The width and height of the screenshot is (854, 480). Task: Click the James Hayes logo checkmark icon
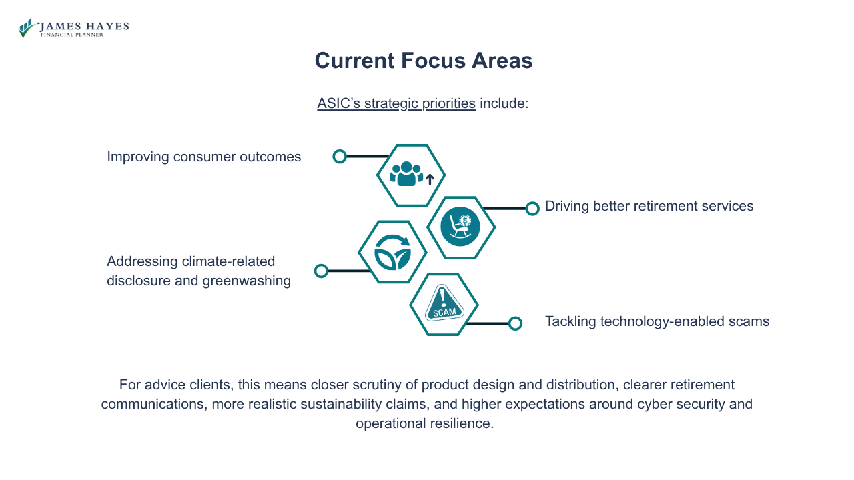tap(26, 28)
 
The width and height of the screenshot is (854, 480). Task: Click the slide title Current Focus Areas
tap(424, 61)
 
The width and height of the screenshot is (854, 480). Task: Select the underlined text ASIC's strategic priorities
tap(396, 103)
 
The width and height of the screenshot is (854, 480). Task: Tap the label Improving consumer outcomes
tap(203, 157)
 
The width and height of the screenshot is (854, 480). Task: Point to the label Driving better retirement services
tap(649, 206)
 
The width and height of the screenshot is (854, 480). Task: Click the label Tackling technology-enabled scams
tap(657, 321)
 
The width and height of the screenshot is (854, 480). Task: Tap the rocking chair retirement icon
tap(460, 227)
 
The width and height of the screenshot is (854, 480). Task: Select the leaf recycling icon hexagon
tap(392, 252)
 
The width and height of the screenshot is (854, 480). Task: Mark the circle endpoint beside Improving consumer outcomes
tap(340, 157)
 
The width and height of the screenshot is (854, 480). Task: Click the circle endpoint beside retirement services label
tap(532, 209)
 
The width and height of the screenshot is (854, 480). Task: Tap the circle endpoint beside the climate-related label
tap(321, 271)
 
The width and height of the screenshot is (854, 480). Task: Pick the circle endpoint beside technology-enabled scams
tap(515, 323)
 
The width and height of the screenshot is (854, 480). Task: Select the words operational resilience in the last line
tap(424, 423)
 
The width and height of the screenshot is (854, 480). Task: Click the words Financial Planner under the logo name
tap(72, 35)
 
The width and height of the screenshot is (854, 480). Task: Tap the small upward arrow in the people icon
tap(430, 179)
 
